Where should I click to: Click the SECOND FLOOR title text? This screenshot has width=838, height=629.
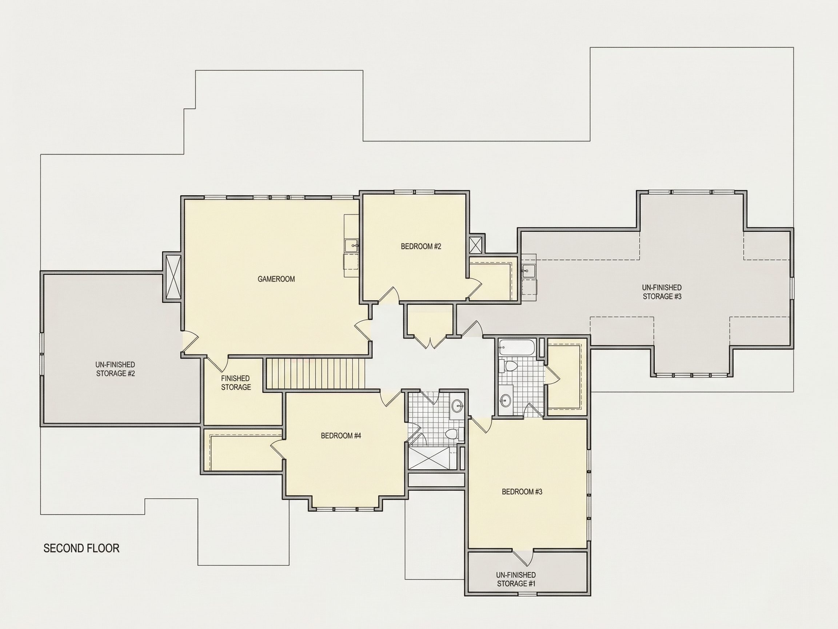(81, 548)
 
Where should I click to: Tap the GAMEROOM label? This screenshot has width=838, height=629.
(276, 279)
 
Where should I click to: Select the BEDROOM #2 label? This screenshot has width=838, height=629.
(421, 246)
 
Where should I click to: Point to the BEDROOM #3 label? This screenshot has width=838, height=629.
(522, 492)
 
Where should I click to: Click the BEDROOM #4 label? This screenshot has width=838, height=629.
(341, 436)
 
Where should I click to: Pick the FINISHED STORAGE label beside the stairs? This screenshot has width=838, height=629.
(236, 383)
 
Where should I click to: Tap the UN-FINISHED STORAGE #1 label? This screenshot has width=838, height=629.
(516, 579)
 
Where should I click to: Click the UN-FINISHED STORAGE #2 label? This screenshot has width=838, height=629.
(115, 369)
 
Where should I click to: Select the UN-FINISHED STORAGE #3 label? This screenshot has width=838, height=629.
(662, 292)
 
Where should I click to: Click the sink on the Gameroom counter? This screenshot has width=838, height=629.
(352, 245)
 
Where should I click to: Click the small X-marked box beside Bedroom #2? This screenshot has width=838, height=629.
(476, 245)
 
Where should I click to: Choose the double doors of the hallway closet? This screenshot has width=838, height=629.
(430, 343)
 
